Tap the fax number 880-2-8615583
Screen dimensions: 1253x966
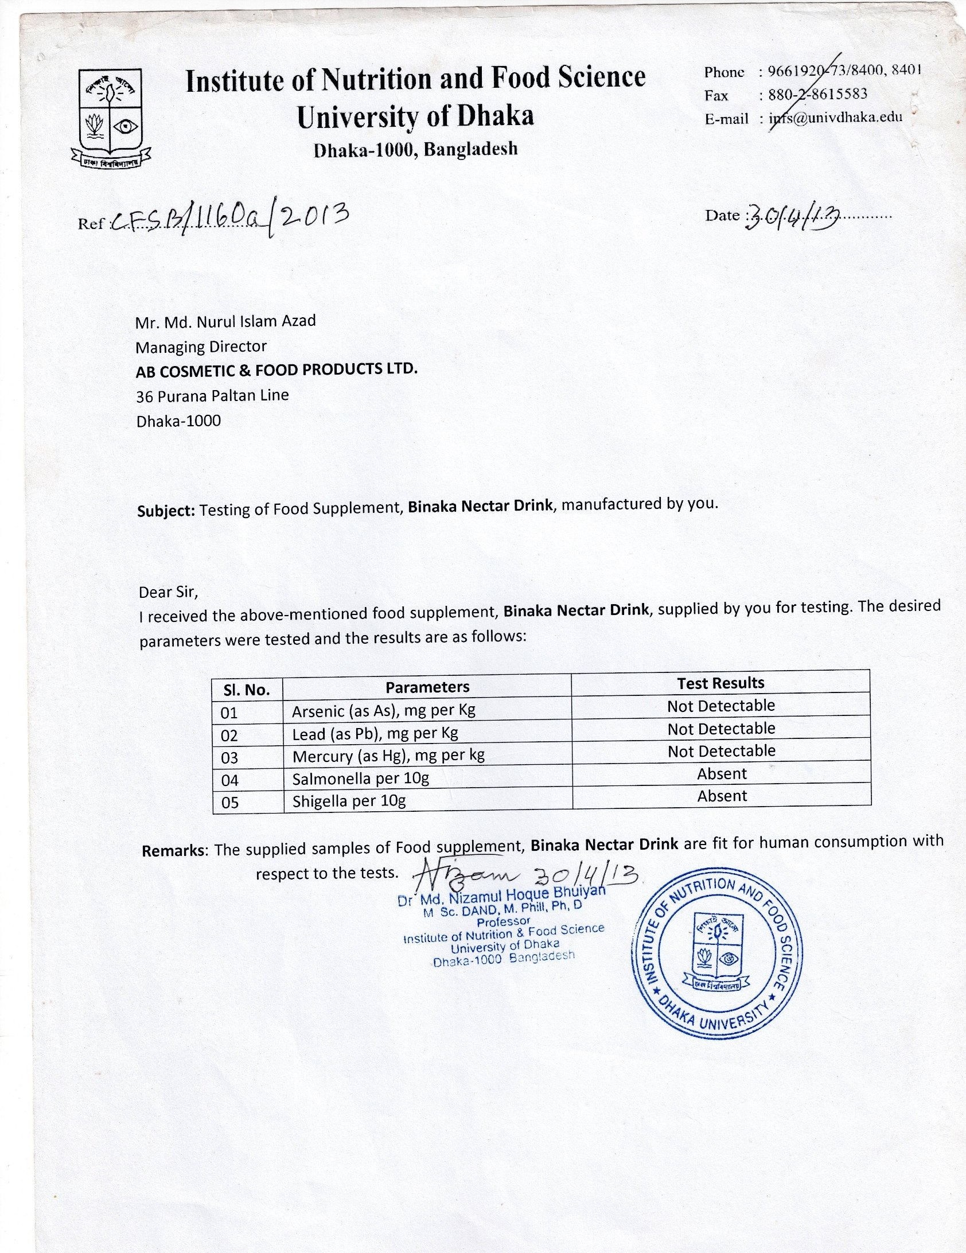[818, 94]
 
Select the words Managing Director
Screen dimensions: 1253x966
[201, 347]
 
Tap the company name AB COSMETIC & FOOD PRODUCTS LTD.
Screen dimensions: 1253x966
[276, 370]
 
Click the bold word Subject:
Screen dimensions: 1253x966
[166, 510]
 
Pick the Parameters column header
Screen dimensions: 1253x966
[427, 687]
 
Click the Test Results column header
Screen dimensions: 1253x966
[720, 683]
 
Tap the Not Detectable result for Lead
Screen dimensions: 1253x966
[721, 729]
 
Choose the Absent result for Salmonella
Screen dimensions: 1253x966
[722, 774]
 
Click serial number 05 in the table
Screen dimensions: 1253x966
[229, 802]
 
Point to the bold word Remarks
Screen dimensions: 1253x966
[173, 850]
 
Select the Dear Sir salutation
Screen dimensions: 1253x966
[168, 591]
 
